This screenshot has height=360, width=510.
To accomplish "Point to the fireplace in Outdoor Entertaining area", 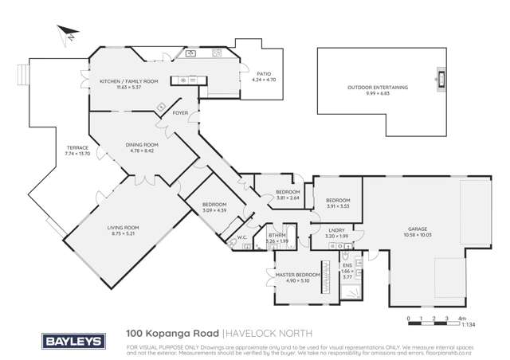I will pyautogui.click(x=437, y=78).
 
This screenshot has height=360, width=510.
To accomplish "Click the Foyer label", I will pyautogui.click(x=180, y=113).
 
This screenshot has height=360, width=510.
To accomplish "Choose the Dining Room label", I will pyautogui.click(x=143, y=144).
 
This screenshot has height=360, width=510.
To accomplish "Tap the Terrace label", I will pyautogui.click(x=77, y=147).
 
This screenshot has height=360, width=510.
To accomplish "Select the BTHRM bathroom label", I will pyautogui.click(x=276, y=236).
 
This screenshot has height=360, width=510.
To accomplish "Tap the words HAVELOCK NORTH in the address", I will pyautogui.click(x=269, y=335).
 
